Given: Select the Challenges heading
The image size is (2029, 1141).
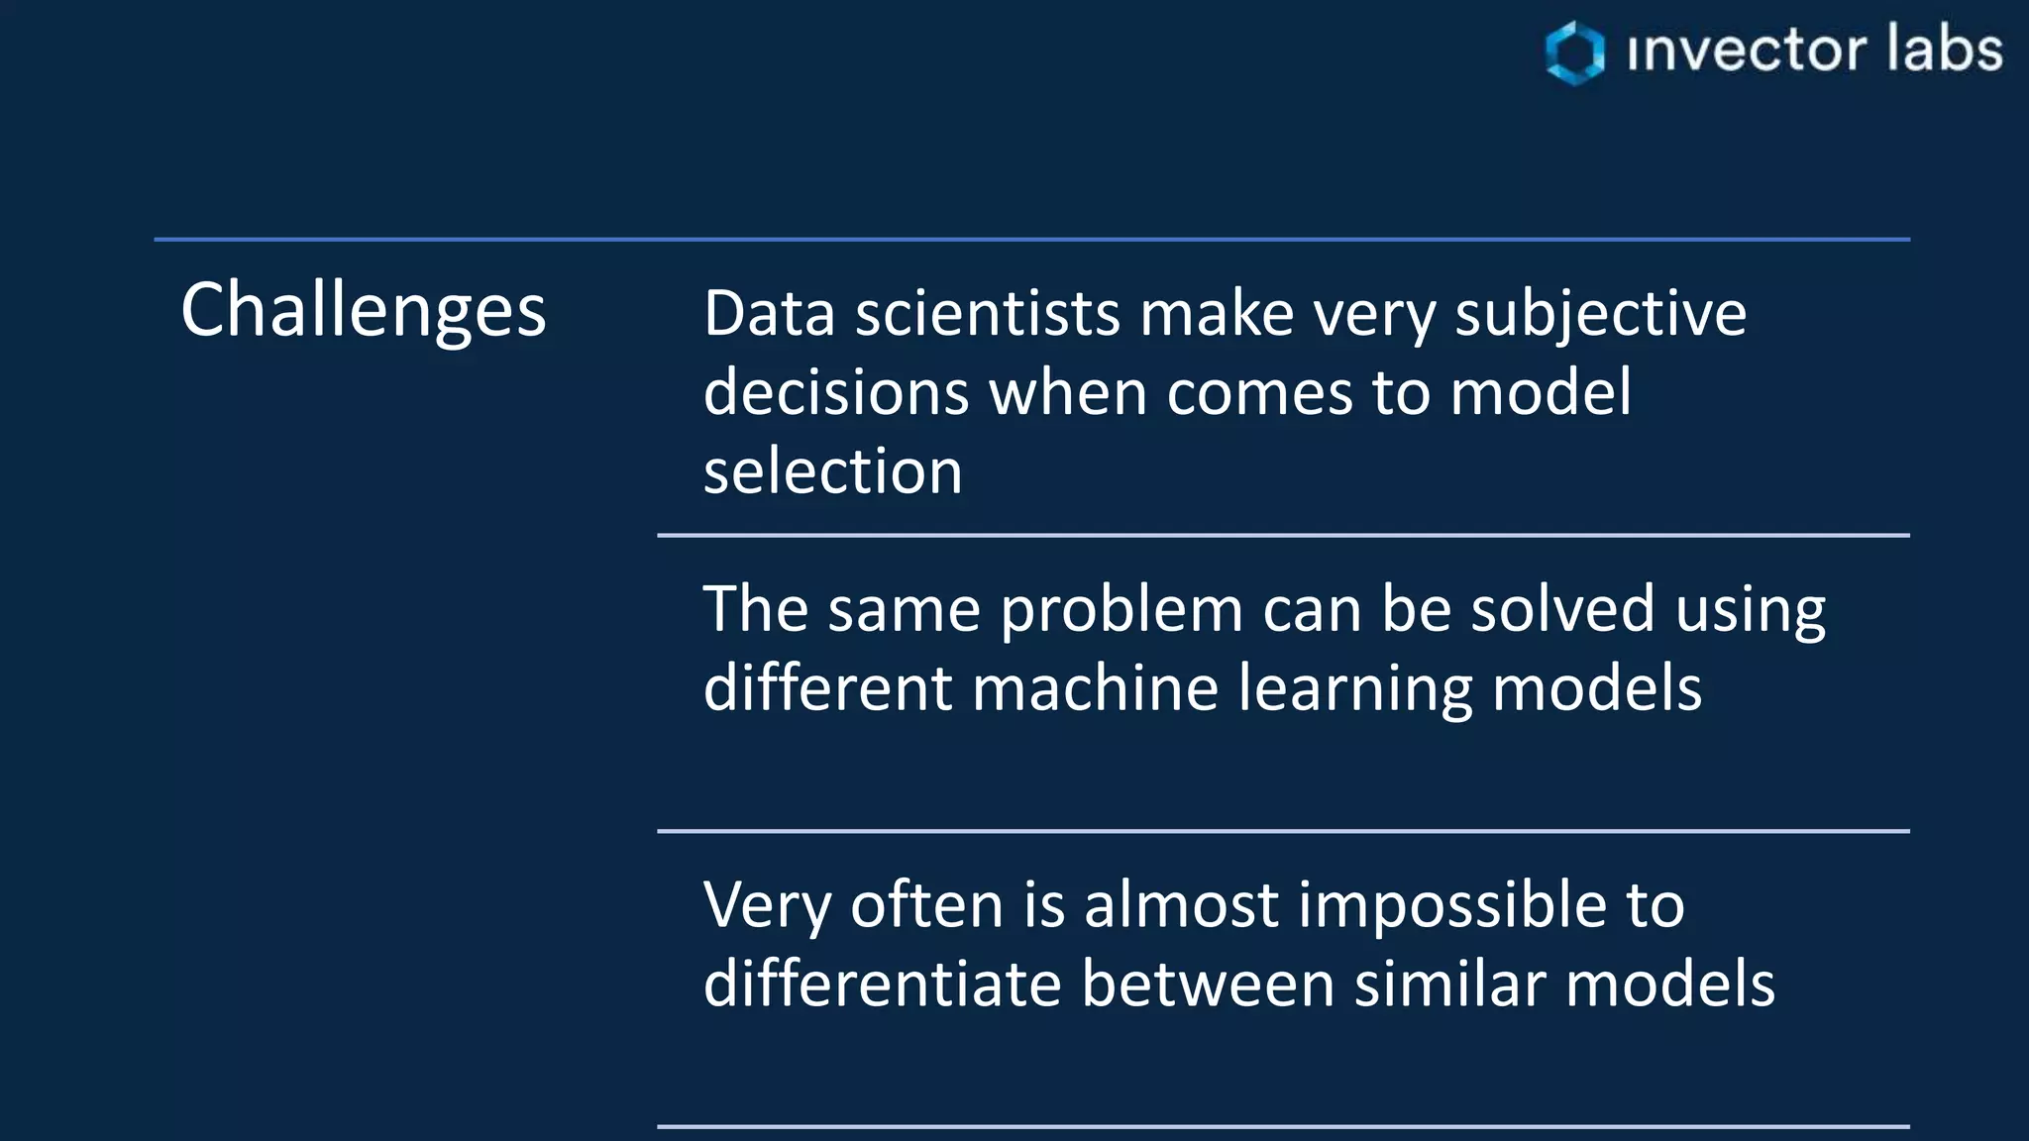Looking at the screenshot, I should tap(363, 310).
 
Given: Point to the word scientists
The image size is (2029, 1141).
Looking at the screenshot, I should tap(987, 314).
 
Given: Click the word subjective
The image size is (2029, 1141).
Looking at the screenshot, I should tap(1600, 316).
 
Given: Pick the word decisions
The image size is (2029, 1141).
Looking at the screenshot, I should tap(835, 392).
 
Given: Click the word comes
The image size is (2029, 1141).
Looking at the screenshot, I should tap(1259, 394).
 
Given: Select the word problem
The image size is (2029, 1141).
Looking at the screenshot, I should tap(1121, 611).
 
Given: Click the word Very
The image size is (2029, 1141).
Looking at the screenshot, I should tap(767, 906).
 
